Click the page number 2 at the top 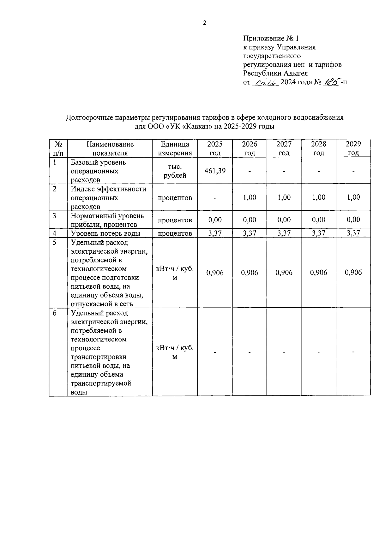point(204,23)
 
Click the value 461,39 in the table point(215,171)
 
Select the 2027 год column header point(284,148)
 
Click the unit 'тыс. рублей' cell point(175,171)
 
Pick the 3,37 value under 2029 point(353,233)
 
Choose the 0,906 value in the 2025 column point(215,273)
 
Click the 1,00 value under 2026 point(250,197)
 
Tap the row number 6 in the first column point(55,313)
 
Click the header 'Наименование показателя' point(110,148)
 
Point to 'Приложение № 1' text point(271,39)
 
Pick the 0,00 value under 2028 point(318,220)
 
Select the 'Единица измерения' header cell point(175,148)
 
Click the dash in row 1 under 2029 point(353,171)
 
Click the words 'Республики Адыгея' point(275,73)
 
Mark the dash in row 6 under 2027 point(284,352)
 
